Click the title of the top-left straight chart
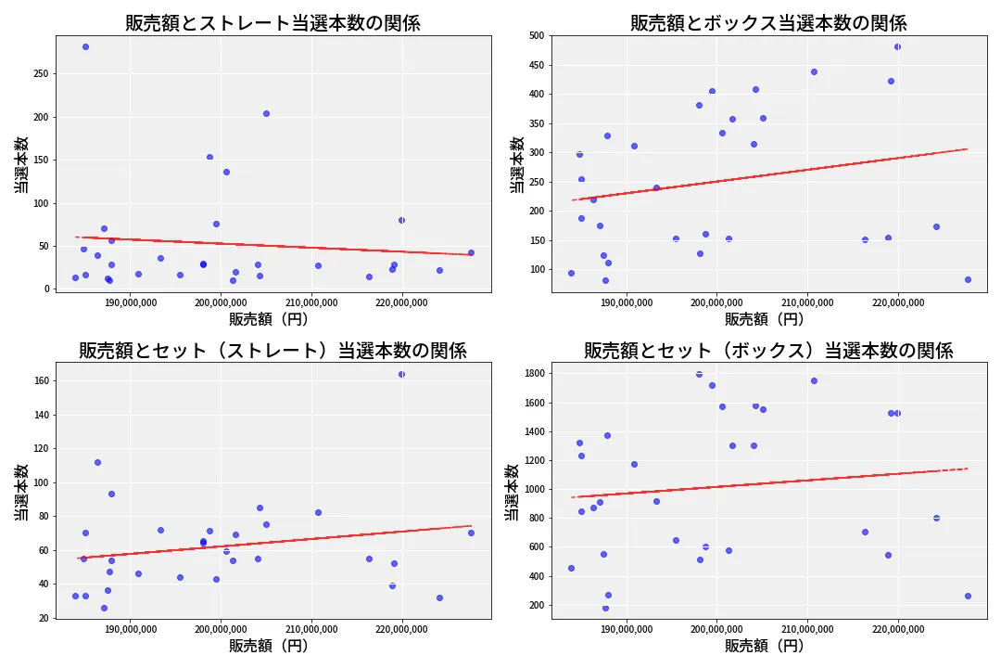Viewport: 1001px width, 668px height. (272, 23)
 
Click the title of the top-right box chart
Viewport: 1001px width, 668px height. (768, 23)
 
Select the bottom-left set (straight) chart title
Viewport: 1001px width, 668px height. (272, 351)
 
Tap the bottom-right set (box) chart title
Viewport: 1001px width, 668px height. (768, 351)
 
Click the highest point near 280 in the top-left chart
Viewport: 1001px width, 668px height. (85, 46)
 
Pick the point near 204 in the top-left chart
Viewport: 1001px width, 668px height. (266, 113)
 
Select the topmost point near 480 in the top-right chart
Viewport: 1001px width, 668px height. (897, 46)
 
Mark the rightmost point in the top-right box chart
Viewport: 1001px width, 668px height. (968, 279)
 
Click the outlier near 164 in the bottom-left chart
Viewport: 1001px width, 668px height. (401, 374)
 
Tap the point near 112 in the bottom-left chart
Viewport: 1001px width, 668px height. (97, 462)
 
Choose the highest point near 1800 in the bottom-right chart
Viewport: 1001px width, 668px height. (699, 374)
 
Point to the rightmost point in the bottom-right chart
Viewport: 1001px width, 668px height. (968, 596)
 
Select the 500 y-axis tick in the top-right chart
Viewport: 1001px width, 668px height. (539, 35)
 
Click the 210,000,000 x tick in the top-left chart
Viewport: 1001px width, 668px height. (311, 302)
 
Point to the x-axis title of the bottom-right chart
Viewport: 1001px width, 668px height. (765, 646)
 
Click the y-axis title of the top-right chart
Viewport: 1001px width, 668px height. (516, 164)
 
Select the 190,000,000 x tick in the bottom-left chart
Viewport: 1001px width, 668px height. (130, 630)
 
